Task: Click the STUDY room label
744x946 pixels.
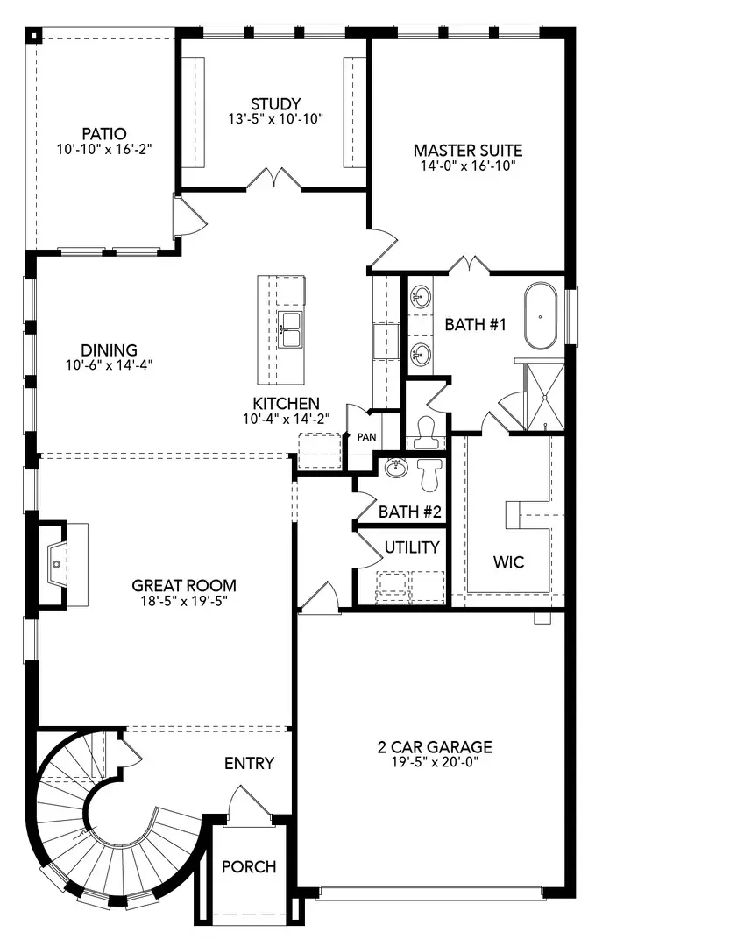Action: pyautogui.click(x=276, y=103)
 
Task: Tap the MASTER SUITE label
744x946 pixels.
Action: pyautogui.click(x=468, y=151)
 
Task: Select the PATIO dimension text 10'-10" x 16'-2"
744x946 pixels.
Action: pyautogui.click(x=104, y=148)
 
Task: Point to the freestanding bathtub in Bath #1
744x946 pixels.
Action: pyautogui.click(x=540, y=316)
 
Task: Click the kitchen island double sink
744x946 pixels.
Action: pyautogui.click(x=290, y=329)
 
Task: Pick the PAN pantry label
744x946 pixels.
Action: pyautogui.click(x=366, y=437)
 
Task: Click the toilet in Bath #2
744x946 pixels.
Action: pyautogui.click(x=430, y=474)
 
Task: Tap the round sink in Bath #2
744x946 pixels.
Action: pyautogui.click(x=396, y=468)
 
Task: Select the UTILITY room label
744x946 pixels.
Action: pyautogui.click(x=412, y=547)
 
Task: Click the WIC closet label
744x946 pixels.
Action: pyautogui.click(x=508, y=562)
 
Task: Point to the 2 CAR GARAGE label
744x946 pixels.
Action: pyautogui.click(x=435, y=747)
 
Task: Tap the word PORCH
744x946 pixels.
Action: pyautogui.click(x=249, y=867)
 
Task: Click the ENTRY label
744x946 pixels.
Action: pyautogui.click(x=249, y=763)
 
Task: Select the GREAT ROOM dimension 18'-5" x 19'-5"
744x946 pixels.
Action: pyautogui.click(x=183, y=600)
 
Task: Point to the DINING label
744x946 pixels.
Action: pyautogui.click(x=110, y=349)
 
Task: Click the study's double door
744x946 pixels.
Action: pyautogui.click(x=274, y=179)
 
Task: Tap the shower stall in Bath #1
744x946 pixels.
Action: pyautogui.click(x=545, y=397)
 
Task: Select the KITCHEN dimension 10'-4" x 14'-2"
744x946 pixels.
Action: pyautogui.click(x=286, y=419)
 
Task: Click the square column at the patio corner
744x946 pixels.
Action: pyautogui.click(x=34, y=36)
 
